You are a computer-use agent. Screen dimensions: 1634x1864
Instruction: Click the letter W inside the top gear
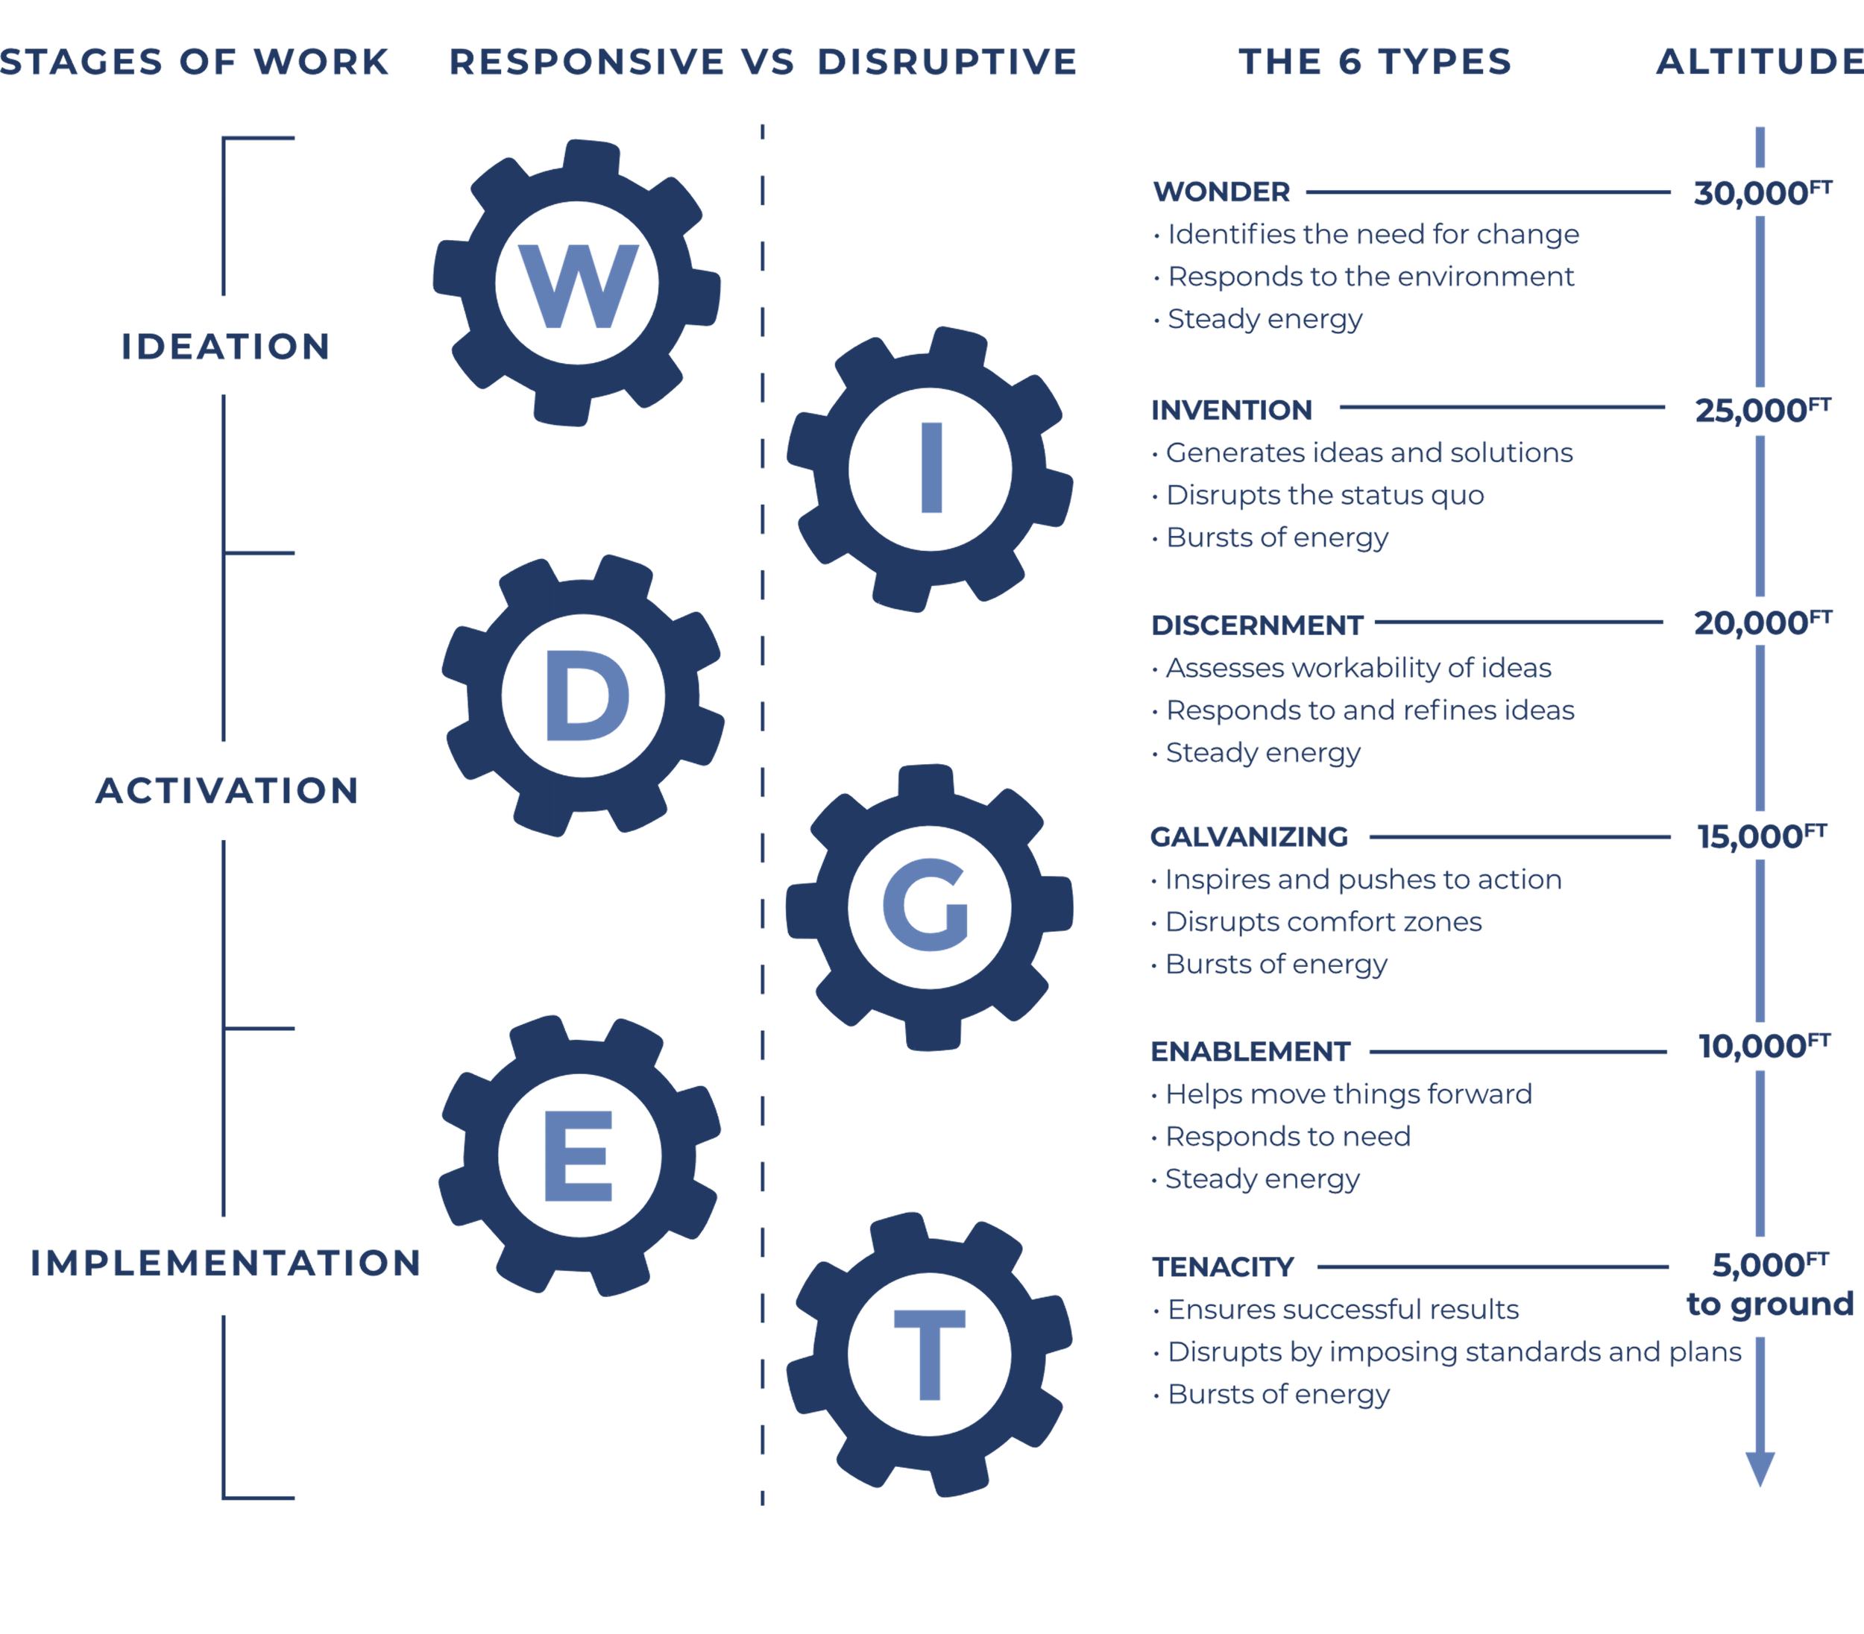tap(577, 286)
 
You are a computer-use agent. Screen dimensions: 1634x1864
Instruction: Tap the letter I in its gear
tap(931, 468)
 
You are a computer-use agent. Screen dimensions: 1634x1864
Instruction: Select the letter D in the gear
tap(585, 697)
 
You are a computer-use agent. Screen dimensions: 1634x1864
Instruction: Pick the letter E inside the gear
tap(578, 1156)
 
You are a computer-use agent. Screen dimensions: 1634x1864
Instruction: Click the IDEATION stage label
tap(225, 347)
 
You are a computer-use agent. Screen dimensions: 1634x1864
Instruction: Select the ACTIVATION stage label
tap(227, 791)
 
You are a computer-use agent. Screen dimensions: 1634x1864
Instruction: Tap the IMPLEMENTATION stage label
tap(225, 1263)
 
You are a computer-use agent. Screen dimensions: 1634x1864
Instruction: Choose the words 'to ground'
tap(1769, 1304)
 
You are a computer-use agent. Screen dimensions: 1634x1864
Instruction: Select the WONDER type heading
tap(1221, 192)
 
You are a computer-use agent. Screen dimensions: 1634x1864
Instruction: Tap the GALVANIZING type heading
tap(1248, 836)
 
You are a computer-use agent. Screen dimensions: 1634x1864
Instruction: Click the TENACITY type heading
tap(1223, 1266)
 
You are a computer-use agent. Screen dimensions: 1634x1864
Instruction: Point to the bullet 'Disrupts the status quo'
tap(1324, 495)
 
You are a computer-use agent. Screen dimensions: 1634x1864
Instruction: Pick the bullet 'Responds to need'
tap(1288, 1136)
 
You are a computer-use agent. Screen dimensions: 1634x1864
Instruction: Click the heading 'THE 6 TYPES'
tap(1375, 62)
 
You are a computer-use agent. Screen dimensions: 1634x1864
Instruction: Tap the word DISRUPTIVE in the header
tap(947, 62)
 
